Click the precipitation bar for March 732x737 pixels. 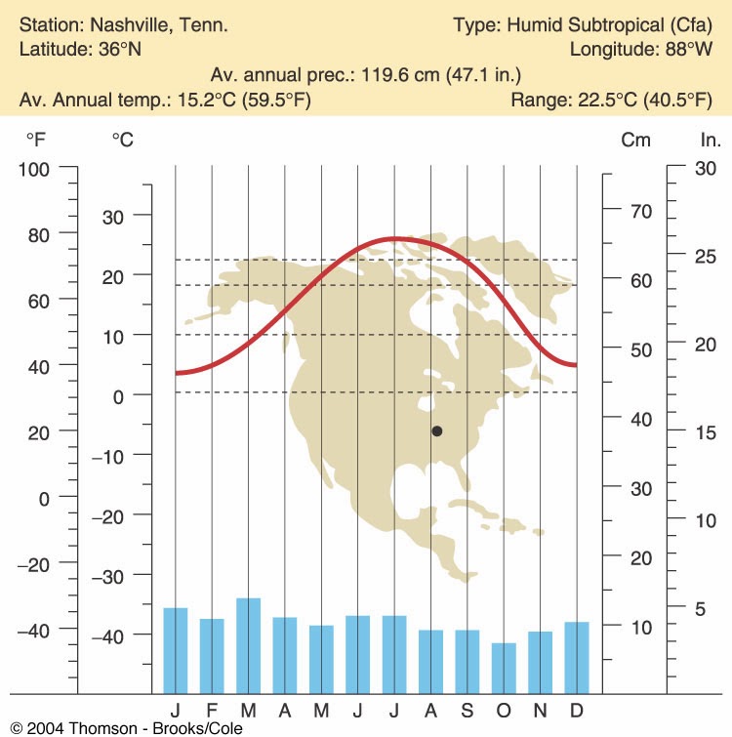pos(249,644)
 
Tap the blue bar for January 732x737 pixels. pos(176,649)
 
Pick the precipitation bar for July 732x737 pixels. pos(394,653)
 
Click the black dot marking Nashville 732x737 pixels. pos(437,430)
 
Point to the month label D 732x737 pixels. pos(577,707)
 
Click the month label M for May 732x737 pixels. pos(321,707)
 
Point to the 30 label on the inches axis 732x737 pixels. pos(705,168)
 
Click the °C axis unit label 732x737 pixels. pos(123,140)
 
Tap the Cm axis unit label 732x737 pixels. pos(636,140)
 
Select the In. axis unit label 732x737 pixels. pos(705,140)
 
